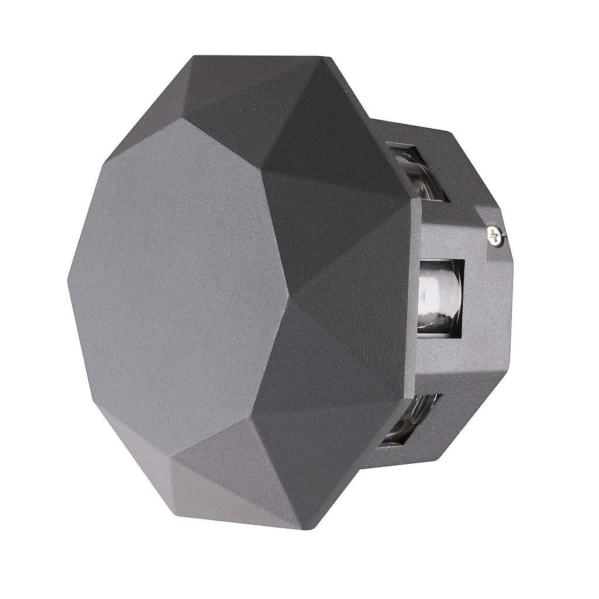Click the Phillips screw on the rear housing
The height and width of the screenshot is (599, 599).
click(495, 236)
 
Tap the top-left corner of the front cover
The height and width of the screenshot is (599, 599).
click(193, 57)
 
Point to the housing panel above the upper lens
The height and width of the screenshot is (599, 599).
click(409, 132)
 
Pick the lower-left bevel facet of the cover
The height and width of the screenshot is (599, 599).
click(135, 445)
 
